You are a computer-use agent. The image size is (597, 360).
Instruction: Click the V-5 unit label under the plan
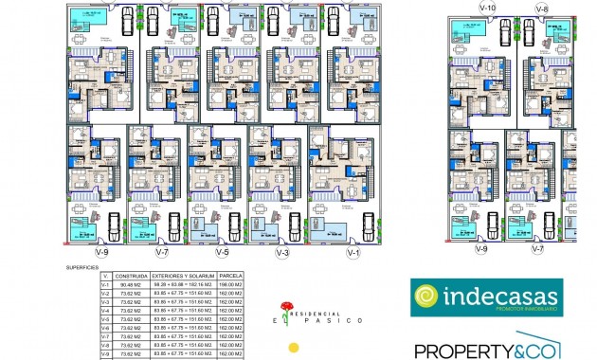coord(222,253)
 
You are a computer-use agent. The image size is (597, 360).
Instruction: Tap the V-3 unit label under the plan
coord(281,253)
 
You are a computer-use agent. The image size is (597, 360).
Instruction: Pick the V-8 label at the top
coord(541,8)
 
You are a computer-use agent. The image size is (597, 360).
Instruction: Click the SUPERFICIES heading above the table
coord(83,268)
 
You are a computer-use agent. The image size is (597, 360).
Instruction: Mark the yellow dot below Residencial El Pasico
coord(295,345)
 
